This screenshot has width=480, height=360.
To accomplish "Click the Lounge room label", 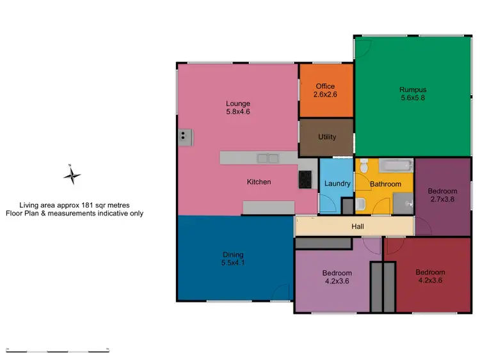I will (x=237, y=104).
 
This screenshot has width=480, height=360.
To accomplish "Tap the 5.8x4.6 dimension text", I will (x=237, y=112).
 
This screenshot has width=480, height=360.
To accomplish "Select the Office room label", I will (x=325, y=86).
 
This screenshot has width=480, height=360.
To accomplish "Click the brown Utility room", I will (x=326, y=137).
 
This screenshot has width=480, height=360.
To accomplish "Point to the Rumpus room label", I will (x=413, y=90).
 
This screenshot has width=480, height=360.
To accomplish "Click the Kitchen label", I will (x=259, y=182).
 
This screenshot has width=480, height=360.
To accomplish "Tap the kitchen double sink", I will (x=268, y=158).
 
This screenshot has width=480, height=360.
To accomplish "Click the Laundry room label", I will (x=337, y=184).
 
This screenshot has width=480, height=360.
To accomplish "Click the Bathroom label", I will (x=386, y=184).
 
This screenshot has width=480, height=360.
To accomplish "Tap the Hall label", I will (x=358, y=226).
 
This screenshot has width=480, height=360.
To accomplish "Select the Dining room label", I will (x=232, y=254).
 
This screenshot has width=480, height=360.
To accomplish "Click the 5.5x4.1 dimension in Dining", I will (x=232, y=263).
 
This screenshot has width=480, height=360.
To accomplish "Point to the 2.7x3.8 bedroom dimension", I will (x=442, y=200).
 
